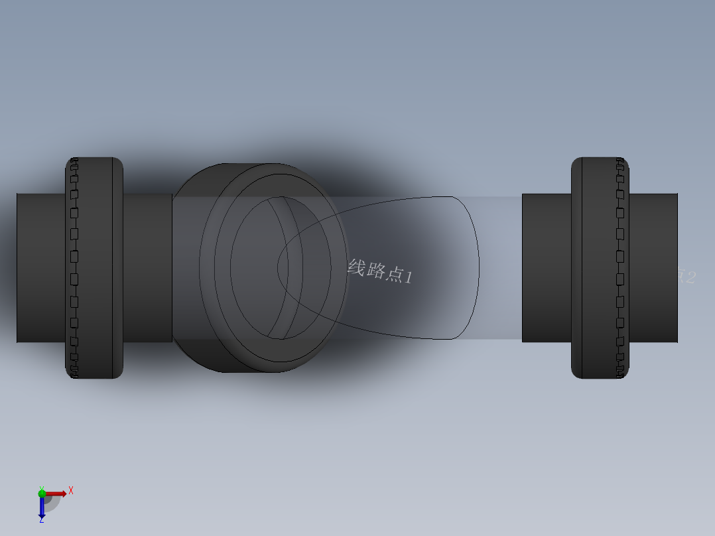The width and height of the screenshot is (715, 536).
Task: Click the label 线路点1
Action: (x=380, y=271)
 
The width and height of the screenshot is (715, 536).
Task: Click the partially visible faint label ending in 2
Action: (x=686, y=276)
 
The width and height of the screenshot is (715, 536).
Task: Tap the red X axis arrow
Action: (x=56, y=494)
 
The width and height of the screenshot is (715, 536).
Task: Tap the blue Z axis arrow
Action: (x=42, y=507)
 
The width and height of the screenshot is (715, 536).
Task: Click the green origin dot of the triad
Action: (x=42, y=493)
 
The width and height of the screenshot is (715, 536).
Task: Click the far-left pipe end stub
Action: (x=40, y=267)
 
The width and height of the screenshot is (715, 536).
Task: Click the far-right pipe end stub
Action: (x=653, y=267)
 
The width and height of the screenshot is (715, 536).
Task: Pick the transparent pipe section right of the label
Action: (x=497, y=267)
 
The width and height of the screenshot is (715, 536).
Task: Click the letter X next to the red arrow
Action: (x=71, y=490)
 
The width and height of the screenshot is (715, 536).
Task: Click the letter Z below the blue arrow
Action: (x=41, y=521)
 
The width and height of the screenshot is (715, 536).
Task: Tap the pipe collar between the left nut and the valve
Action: (x=147, y=267)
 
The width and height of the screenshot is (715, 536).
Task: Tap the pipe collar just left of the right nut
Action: (x=546, y=267)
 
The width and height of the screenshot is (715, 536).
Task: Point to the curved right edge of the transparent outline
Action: (x=478, y=267)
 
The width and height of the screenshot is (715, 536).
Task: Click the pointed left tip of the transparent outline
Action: (x=278, y=267)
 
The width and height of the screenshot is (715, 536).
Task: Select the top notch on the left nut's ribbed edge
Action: (x=74, y=161)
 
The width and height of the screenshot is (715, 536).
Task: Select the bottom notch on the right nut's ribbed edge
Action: (x=621, y=374)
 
